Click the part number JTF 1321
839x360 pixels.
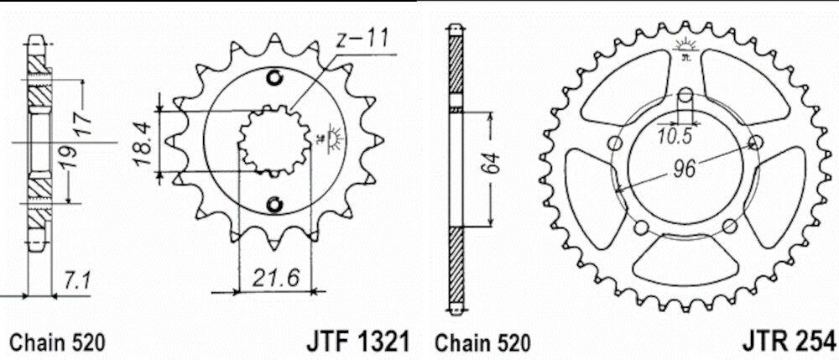[357, 342]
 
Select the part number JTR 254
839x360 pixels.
[789, 342]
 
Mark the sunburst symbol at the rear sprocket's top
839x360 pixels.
[684, 46]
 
